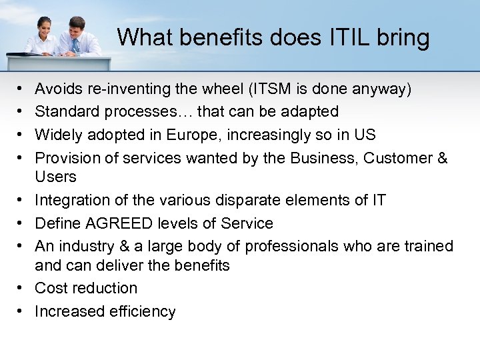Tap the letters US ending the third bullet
[x=365, y=135]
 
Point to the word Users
[x=55, y=177]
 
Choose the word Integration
[x=70, y=200]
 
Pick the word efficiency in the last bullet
[x=141, y=311]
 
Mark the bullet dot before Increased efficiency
[x=21, y=311]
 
